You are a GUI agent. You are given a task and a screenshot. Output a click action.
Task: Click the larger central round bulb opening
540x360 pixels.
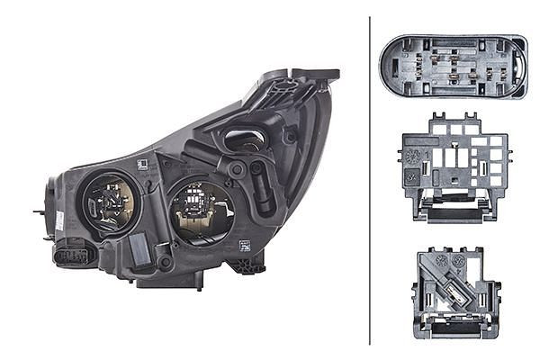pos(201,211)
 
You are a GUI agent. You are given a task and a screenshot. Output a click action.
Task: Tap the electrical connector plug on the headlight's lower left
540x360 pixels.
pos(72,256)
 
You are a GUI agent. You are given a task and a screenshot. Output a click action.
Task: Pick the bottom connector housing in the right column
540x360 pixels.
pos(455,293)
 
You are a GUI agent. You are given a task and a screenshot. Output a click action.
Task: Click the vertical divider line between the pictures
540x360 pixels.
pos(370,180)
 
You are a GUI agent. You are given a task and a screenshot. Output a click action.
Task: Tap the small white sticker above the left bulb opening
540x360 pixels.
pos(141,163)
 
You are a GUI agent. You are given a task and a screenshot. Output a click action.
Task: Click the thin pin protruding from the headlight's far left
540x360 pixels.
pos(39,212)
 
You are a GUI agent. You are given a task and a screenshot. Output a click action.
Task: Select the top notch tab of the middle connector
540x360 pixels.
pos(438,120)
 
